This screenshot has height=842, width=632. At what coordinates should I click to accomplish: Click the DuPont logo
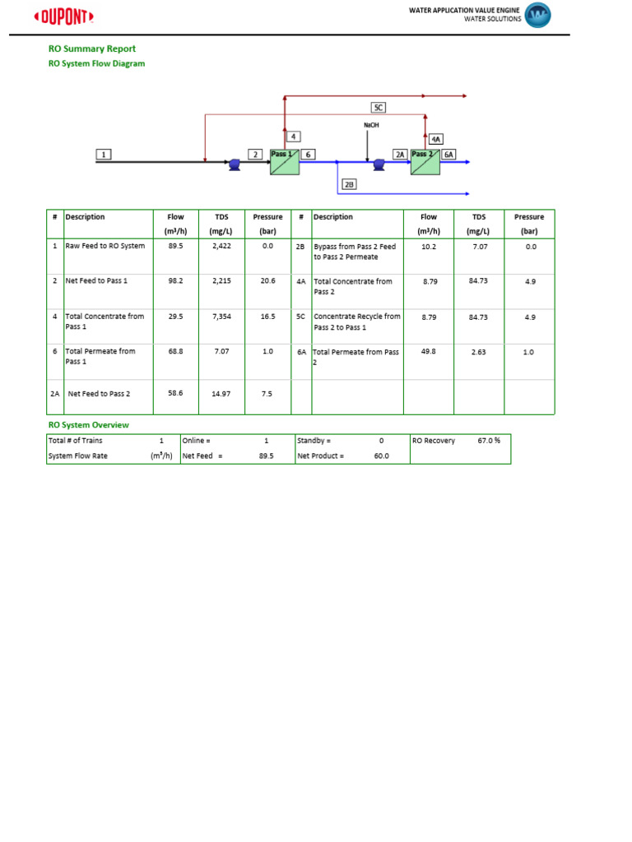point(63,16)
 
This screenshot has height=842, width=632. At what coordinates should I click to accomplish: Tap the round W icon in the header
point(538,15)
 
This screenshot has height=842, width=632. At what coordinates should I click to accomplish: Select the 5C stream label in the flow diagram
point(379,108)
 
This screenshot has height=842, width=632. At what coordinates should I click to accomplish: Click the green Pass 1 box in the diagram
point(283,162)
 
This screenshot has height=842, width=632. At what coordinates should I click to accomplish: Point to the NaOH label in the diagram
point(372,125)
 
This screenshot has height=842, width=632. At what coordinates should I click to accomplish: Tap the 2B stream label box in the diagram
point(349,185)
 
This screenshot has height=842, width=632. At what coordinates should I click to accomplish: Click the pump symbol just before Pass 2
point(379,164)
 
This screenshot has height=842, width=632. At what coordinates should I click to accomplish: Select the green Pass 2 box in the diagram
point(425,162)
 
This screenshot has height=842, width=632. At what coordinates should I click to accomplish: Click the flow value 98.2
point(175,280)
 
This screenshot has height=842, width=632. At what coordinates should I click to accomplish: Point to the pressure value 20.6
point(267,280)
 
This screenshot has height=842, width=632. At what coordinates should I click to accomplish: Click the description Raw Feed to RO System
point(105,246)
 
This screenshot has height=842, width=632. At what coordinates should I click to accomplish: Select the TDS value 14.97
point(221,394)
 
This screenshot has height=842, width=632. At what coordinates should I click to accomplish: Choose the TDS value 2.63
point(479,352)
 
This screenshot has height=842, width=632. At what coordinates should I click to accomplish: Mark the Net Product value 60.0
point(381,456)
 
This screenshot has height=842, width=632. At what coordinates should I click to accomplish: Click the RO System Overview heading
point(88,425)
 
